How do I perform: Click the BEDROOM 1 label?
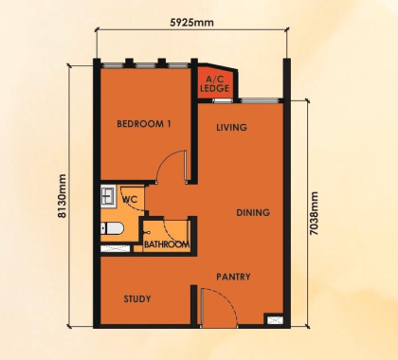point(144,124)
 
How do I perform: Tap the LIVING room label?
point(231,127)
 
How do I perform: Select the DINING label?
point(253,212)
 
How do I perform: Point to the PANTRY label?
point(232,277)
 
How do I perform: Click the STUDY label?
point(137,298)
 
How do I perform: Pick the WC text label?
point(130,200)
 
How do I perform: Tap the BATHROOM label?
point(166,244)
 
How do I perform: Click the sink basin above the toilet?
point(106,198)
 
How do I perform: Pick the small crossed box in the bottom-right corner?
point(276,319)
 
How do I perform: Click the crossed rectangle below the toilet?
point(116,248)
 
